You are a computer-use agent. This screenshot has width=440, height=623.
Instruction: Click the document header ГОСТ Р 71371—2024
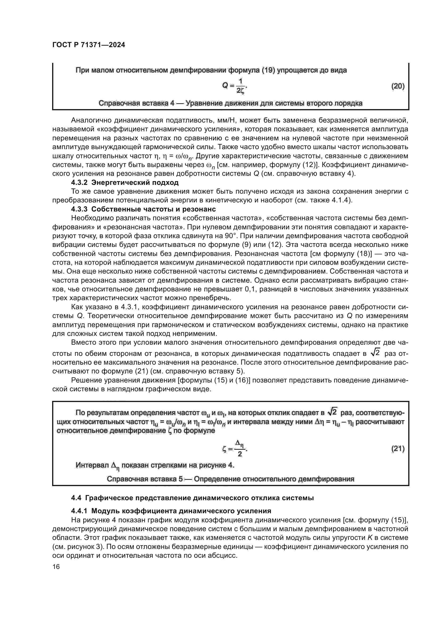[x=89, y=45]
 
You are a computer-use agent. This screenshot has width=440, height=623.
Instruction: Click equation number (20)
[x=398, y=86]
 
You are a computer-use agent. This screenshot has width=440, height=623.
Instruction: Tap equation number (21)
[x=398, y=449]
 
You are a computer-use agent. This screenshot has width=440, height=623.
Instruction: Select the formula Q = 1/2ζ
[x=235, y=86]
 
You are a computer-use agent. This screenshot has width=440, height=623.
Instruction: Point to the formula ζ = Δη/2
[x=235, y=449]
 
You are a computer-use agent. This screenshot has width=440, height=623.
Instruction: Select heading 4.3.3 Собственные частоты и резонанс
[x=143, y=209]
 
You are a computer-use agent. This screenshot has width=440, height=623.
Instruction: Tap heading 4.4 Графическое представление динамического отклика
[x=192, y=498]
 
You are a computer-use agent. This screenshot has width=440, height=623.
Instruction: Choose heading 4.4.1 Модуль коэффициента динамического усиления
[x=171, y=511]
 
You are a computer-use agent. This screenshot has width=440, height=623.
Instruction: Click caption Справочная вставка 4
[x=230, y=103]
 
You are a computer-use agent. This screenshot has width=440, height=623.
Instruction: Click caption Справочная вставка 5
[x=230, y=479]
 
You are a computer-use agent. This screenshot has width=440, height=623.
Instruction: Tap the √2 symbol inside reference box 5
[x=332, y=412]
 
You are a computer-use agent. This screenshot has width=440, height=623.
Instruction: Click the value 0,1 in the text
[x=250, y=289]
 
